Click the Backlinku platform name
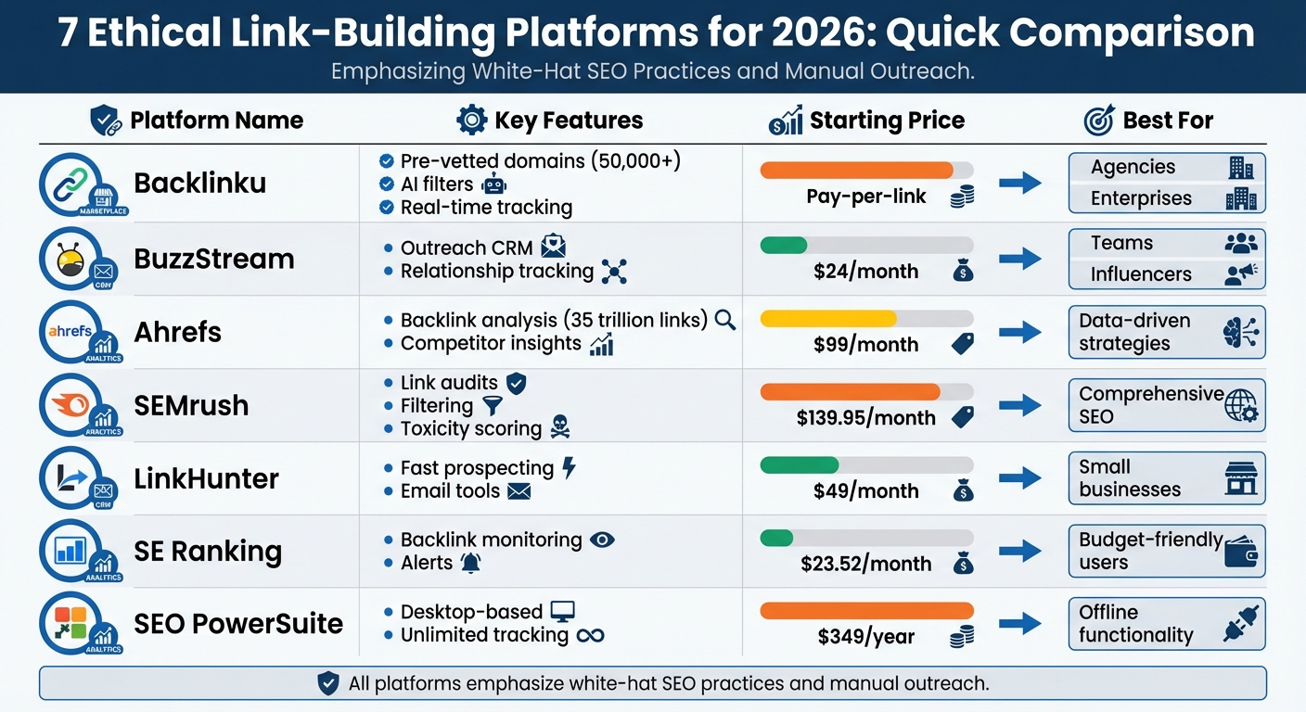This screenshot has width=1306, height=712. pyautogui.click(x=199, y=183)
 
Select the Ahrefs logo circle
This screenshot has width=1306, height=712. pyautogui.click(x=71, y=331)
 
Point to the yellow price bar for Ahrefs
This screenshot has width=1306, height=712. pyautogui.click(x=827, y=319)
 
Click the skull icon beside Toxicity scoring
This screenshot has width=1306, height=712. pyautogui.click(x=559, y=428)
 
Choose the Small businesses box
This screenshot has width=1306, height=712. pyautogui.click(x=1166, y=478)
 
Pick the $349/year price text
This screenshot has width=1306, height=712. pyautogui.click(x=866, y=637)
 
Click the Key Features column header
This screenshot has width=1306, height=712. pyautogui.click(x=568, y=121)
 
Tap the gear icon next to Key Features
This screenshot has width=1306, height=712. pyautogui.click(x=472, y=121)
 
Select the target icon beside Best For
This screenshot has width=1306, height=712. pyautogui.click(x=1099, y=121)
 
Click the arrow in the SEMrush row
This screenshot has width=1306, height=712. pyautogui.click(x=1019, y=405)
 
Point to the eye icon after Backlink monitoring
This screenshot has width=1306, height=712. pyautogui.click(x=602, y=540)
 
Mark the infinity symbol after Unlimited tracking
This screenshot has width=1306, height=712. pyautogui.click(x=590, y=636)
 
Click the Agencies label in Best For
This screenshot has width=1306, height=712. pyautogui.click(x=1133, y=167)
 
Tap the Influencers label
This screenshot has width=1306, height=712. pyautogui.click(x=1140, y=274)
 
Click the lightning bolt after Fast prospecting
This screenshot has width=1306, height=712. pyautogui.click(x=569, y=467)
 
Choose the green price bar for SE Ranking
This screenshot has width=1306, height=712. pyautogui.click(x=776, y=538)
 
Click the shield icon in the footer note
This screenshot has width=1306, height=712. pyautogui.click(x=328, y=684)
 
